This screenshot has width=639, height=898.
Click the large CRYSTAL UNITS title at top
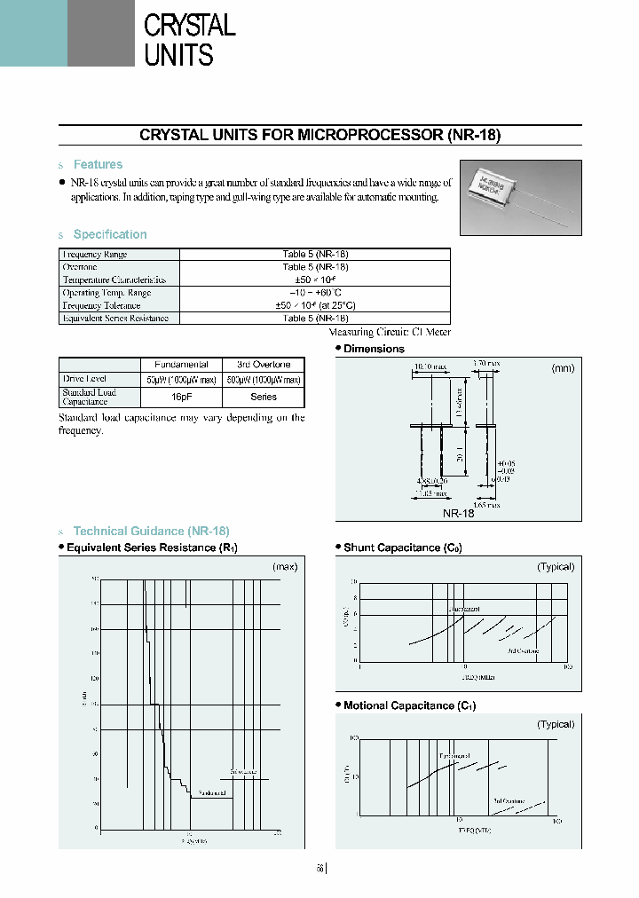click(189, 39)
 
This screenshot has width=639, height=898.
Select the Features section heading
click(98, 164)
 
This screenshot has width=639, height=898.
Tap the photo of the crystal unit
click(520, 194)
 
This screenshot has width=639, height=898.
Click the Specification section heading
click(109, 234)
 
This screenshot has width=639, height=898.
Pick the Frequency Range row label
click(94, 254)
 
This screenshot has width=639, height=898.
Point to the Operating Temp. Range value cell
click(315, 292)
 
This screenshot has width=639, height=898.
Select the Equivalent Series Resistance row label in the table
click(115, 318)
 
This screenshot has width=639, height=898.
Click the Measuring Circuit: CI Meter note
click(390, 332)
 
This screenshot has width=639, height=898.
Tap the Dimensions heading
click(374, 349)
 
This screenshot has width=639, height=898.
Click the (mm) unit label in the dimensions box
click(563, 367)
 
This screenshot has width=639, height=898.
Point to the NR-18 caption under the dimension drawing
click(458, 513)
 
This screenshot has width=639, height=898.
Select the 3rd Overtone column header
click(264, 364)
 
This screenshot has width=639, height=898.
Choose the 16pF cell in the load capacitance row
click(182, 397)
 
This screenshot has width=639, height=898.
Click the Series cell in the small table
click(264, 397)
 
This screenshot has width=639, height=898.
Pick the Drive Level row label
click(84, 379)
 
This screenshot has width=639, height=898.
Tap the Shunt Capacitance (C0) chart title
click(402, 547)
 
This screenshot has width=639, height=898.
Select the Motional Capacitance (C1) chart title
click(409, 705)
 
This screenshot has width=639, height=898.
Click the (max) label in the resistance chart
click(285, 566)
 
